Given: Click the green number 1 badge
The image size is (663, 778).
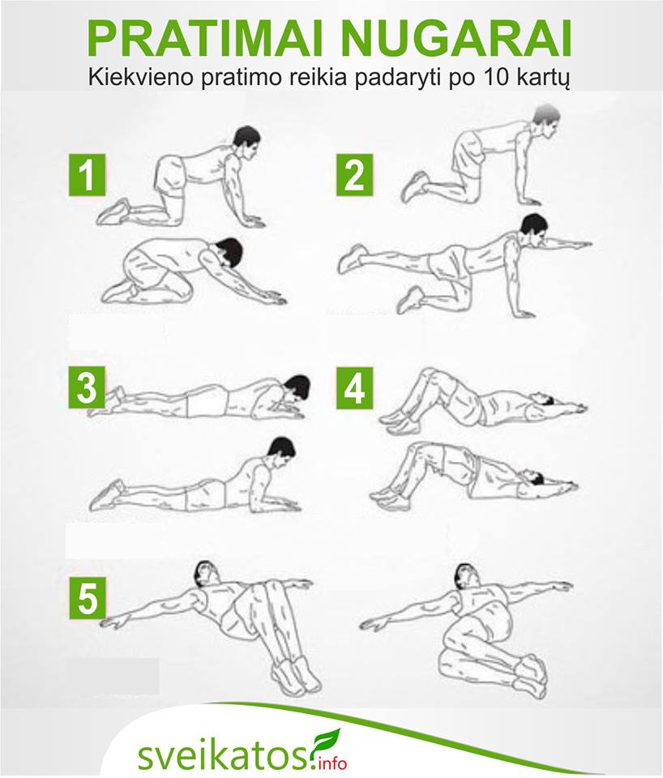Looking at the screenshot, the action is tap(87, 175).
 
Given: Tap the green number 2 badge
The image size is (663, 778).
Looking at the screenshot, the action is tap(354, 175).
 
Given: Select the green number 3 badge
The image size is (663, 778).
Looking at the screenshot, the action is tap(87, 387).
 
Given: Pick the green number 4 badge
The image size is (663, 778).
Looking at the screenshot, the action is tap(354, 387).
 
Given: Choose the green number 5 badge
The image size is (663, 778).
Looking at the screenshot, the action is tap(88, 597).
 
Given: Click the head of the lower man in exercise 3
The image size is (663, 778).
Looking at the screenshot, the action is tap(281, 451).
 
